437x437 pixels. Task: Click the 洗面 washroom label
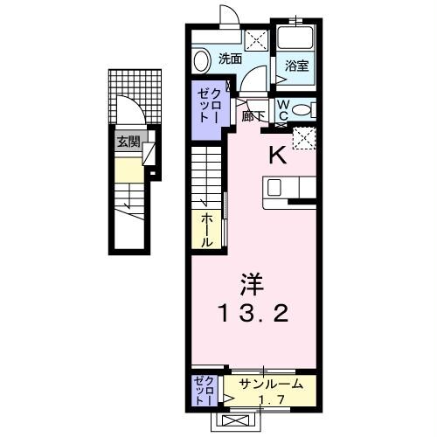pyautogui.click(x=230, y=59)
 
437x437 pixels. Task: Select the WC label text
pyautogui.click(x=283, y=110)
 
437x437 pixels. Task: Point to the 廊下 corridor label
pyautogui.click(x=254, y=116)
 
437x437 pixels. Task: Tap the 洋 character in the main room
pyautogui.click(x=251, y=284)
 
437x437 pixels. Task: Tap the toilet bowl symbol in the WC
pyautogui.click(x=302, y=110)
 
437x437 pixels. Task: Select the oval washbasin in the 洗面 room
pyautogui.click(x=202, y=60)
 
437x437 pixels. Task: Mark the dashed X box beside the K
pyautogui.click(x=303, y=139)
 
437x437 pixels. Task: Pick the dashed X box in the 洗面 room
pyautogui.click(x=257, y=38)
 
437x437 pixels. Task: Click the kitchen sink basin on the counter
pyautogui.click(x=274, y=186)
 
